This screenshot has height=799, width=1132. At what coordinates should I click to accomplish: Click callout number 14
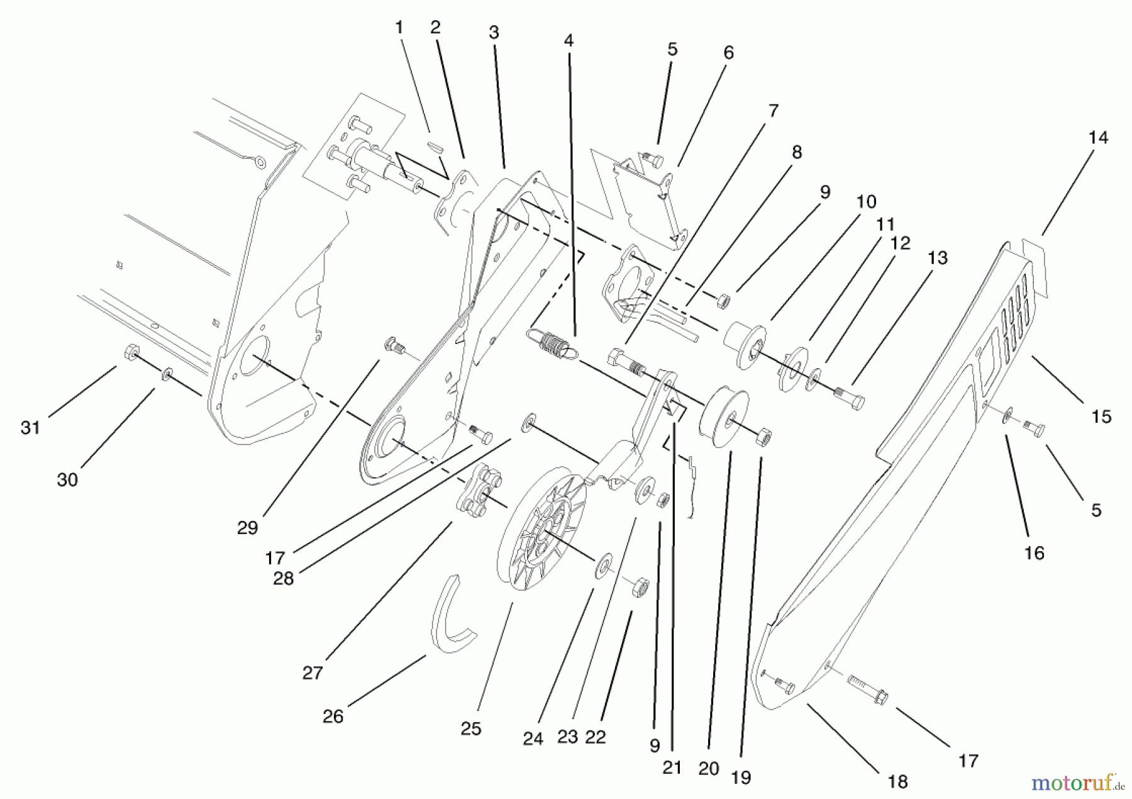[x=1098, y=138]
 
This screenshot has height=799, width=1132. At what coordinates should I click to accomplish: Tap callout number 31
[x=30, y=428]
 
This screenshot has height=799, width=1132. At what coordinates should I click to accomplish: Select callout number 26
[x=333, y=716]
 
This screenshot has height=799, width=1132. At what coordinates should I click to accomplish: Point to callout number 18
[x=897, y=781]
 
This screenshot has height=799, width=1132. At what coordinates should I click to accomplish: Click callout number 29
[x=247, y=528]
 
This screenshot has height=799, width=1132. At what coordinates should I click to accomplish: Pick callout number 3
[x=494, y=33]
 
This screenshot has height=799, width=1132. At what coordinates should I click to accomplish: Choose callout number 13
[x=937, y=258]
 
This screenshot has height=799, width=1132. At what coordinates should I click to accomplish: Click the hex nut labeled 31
[x=131, y=353]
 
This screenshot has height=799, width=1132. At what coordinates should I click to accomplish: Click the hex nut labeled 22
[x=640, y=588]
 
